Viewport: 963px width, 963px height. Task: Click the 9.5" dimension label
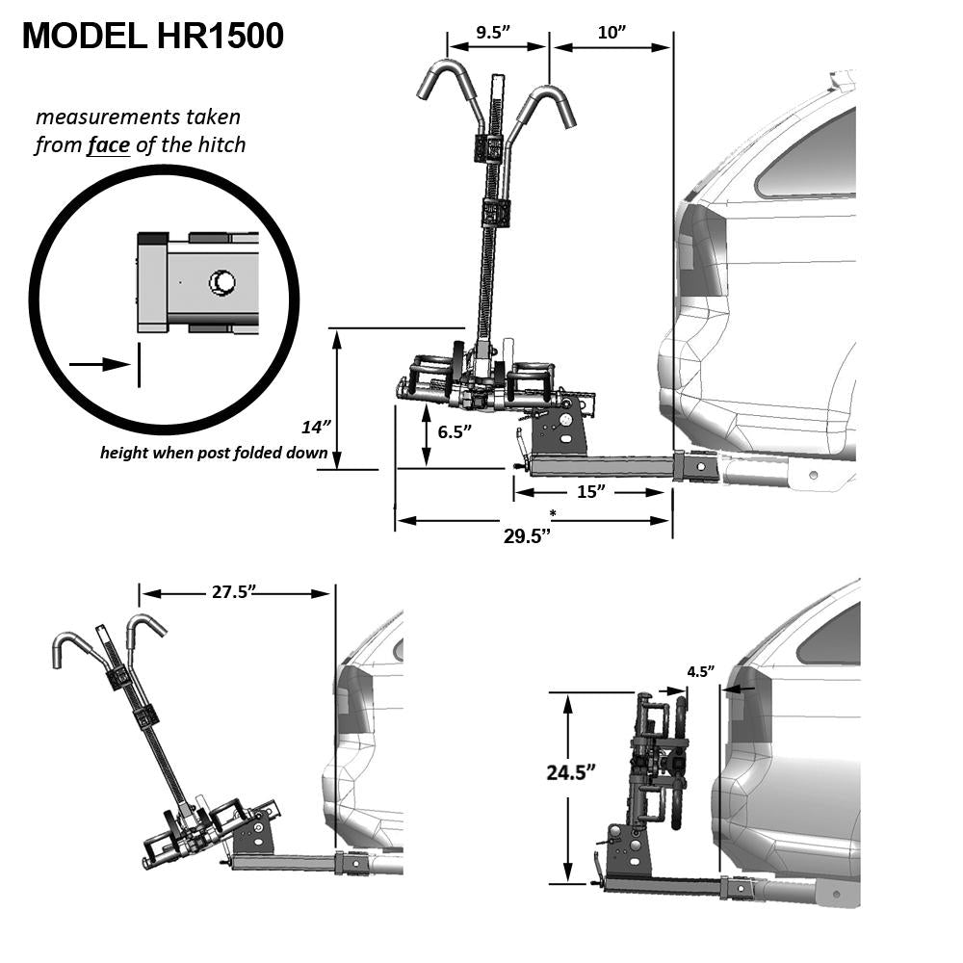pos(493,33)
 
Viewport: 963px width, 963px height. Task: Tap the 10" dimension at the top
pos(612,33)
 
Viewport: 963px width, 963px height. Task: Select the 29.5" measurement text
pos(527,535)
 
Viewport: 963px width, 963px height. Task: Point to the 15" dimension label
pos(591,491)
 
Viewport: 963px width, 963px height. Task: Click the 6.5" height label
pos(455,431)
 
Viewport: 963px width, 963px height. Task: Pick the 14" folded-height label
pos(316,427)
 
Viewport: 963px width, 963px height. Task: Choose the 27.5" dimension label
pos(233,592)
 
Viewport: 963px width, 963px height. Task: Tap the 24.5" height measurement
pos(571,772)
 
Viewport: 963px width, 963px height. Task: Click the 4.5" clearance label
pos(701,672)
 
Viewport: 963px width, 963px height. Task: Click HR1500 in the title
pos(221,36)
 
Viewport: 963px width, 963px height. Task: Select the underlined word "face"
pos(108,145)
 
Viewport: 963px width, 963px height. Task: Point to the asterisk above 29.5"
pos(553,513)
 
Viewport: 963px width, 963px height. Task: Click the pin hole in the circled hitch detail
pos(222,282)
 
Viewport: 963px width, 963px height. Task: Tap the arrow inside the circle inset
pos(100,365)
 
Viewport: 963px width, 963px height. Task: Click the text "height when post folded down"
pos(214,453)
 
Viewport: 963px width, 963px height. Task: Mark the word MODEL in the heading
pos(85,36)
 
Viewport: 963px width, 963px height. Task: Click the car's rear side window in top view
pos(806,153)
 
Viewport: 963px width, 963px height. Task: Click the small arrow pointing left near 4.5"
pos(740,690)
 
